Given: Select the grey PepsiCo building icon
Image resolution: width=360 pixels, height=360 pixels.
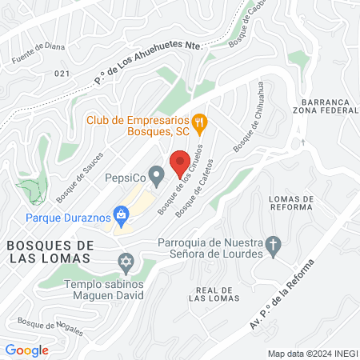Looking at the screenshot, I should point(158,174).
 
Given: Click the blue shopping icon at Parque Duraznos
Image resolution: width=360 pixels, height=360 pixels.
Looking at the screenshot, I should point(121,214).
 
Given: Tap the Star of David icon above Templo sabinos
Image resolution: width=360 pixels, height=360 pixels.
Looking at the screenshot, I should point(125,262).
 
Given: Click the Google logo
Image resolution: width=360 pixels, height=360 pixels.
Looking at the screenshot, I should point(26,350).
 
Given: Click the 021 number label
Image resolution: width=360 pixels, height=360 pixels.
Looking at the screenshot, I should point(63,73).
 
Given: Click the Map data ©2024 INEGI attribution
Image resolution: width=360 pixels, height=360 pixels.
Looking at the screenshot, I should point(311,353).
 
